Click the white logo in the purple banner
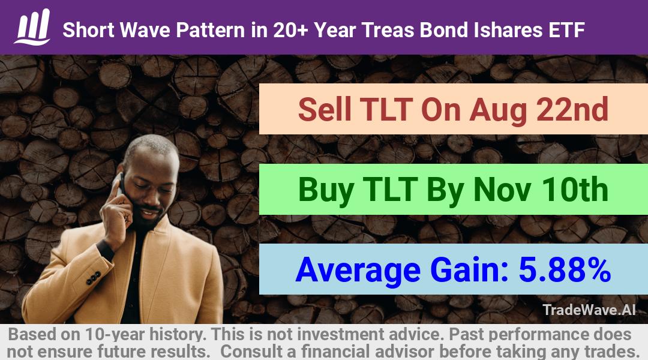tap(32, 27)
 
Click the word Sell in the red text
tap(325, 110)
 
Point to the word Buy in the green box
tap(326, 191)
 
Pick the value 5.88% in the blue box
tap(565, 269)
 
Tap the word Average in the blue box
tap(358, 271)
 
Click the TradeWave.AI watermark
tap(589, 310)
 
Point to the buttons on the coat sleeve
tap(93, 278)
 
